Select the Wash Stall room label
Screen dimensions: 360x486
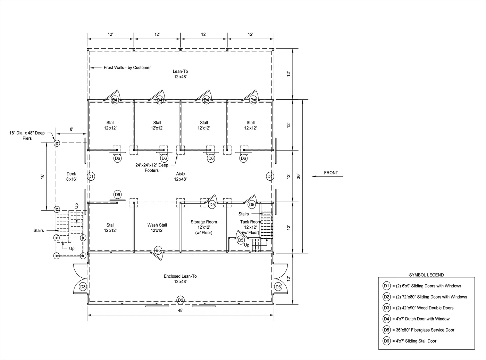[157, 228]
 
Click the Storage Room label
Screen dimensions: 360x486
[204, 227]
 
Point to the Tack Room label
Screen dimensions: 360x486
[250, 227]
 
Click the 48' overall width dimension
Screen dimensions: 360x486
[181, 311]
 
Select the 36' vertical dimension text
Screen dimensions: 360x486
[299, 176]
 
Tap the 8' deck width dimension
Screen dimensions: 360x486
[72, 129]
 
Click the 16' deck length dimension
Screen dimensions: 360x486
[43, 176]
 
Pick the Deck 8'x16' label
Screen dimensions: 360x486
[71, 176]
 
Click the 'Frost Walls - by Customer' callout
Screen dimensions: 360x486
[127, 68]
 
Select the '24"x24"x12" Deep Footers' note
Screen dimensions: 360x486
[152, 167]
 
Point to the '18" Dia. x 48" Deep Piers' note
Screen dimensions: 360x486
[27, 136]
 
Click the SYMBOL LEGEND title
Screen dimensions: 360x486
[426, 275]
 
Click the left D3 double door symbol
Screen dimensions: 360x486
[83, 287]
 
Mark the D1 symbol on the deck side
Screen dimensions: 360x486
[91, 177]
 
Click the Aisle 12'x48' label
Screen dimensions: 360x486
[181, 176]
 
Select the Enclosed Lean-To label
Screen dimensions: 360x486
[180, 279]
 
